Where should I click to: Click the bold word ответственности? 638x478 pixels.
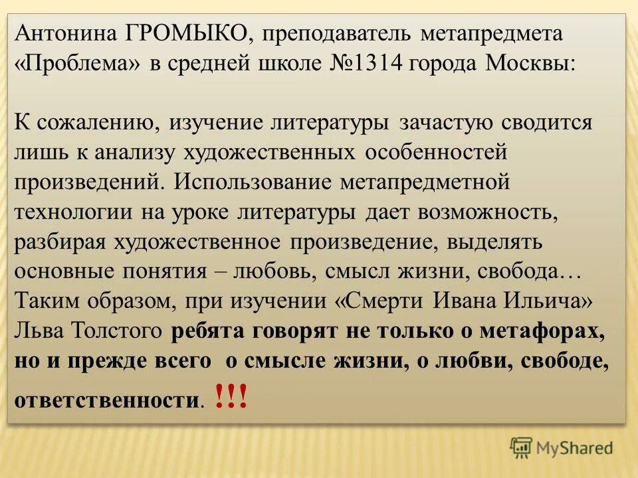(105, 401)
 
